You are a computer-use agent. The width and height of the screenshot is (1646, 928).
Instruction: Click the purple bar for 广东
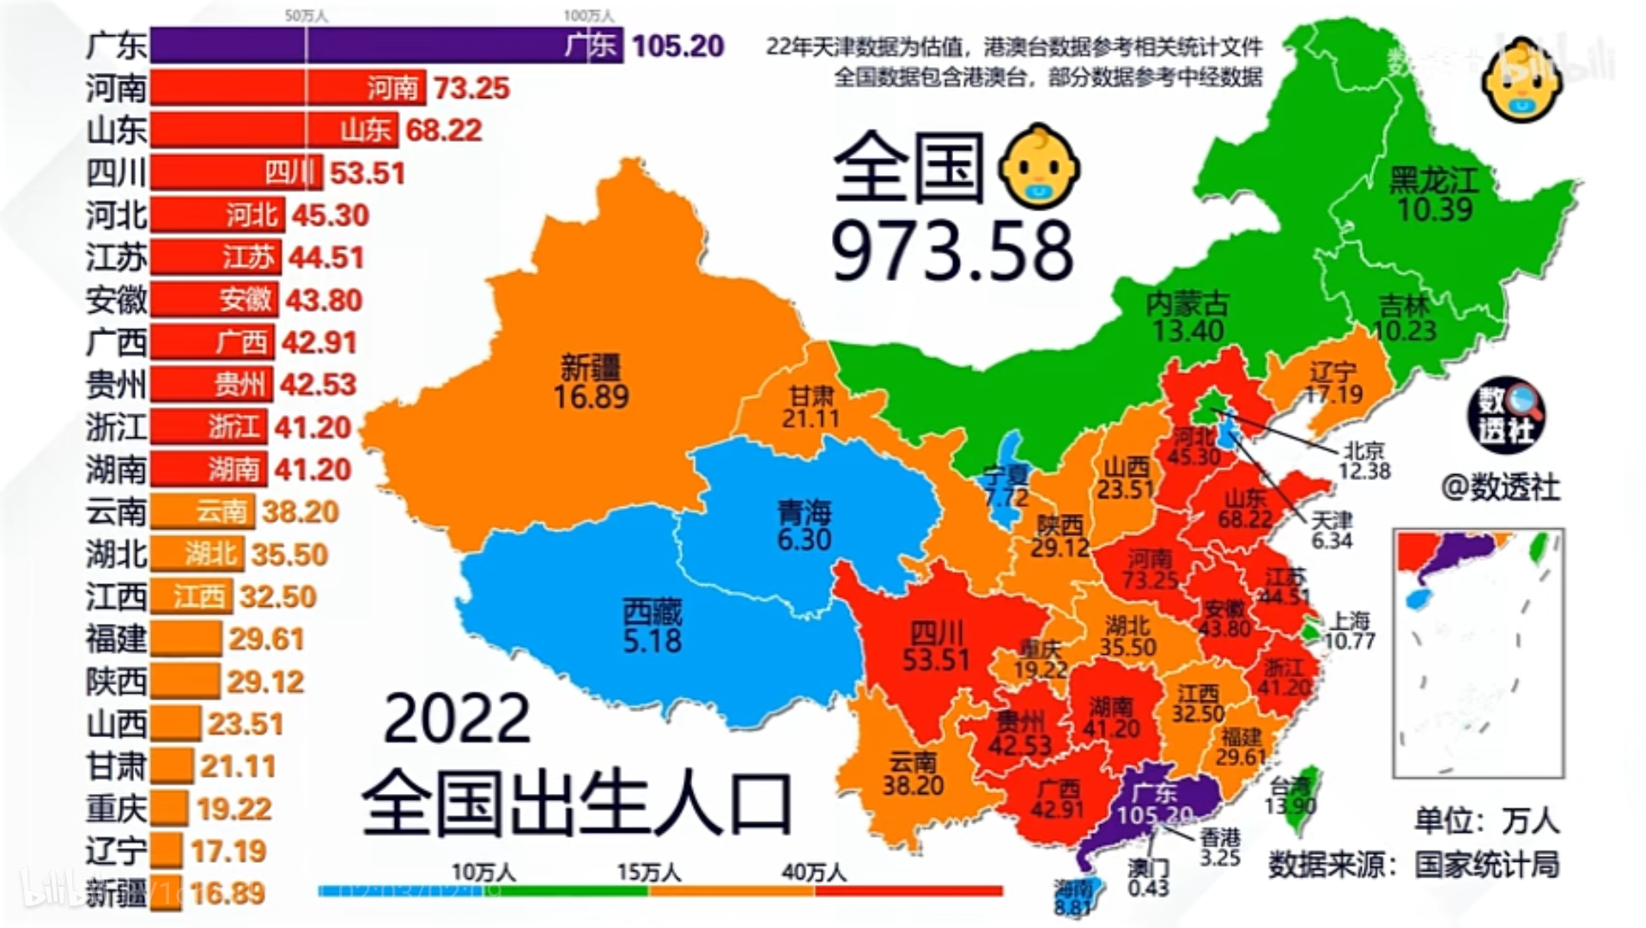tap(386, 46)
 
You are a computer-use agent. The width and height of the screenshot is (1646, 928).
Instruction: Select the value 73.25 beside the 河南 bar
tap(471, 88)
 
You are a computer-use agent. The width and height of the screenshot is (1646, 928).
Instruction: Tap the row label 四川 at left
tap(116, 173)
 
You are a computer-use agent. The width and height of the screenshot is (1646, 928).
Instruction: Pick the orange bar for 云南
tap(203, 512)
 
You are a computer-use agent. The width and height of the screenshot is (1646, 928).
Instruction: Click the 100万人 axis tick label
tap(588, 15)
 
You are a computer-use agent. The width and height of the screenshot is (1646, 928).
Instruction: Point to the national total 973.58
tap(951, 251)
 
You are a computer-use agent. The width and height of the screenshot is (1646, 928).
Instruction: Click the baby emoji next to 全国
tap(1038, 166)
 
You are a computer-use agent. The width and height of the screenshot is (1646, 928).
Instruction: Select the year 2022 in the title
tap(457, 718)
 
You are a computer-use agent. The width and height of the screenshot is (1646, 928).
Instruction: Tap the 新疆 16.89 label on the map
tap(591, 383)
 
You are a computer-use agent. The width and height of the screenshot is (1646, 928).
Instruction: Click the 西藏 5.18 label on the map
tap(653, 627)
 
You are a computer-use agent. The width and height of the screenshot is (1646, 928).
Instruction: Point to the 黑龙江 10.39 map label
tap(1434, 195)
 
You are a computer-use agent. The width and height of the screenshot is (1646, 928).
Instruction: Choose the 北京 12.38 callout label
tap(1364, 461)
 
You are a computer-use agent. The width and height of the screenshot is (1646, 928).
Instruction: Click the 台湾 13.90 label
tap(1291, 796)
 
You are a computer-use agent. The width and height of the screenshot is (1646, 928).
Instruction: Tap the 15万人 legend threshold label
tap(648, 872)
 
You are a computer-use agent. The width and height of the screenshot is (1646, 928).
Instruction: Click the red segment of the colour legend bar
tap(908, 891)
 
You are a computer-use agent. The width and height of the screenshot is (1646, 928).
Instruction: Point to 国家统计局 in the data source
tap(1487, 864)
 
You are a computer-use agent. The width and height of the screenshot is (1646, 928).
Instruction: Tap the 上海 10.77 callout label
tap(1350, 631)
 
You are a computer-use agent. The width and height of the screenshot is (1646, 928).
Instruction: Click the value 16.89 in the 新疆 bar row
tap(228, 894)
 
